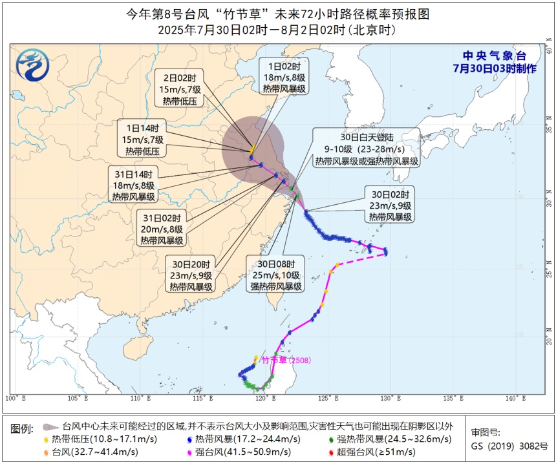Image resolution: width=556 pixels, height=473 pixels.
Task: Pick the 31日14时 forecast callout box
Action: pyautogui.click(x=133, y=185)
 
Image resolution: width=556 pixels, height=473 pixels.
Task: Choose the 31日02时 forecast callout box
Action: pyautogui.click(x=162, y=229)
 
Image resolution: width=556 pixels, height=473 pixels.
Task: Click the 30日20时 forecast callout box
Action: pyautogui.click(x=191, y=275)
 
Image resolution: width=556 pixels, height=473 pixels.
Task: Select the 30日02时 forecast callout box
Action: pyautogui.click(x=391, y=205)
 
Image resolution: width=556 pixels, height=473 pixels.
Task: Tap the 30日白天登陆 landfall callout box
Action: pyautogui.click(x=366, y=149)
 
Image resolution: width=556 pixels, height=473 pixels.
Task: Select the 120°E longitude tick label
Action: pyautogui.click(x=262, y=399)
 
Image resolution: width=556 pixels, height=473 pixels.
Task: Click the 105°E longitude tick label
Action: pyautogui.click(x=73, y=399)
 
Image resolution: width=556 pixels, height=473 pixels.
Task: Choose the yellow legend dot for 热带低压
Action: pyautogui.click(x=47, y=439)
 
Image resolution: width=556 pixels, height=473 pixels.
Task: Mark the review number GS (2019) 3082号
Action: pyautogui.click(x=509, y=446)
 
